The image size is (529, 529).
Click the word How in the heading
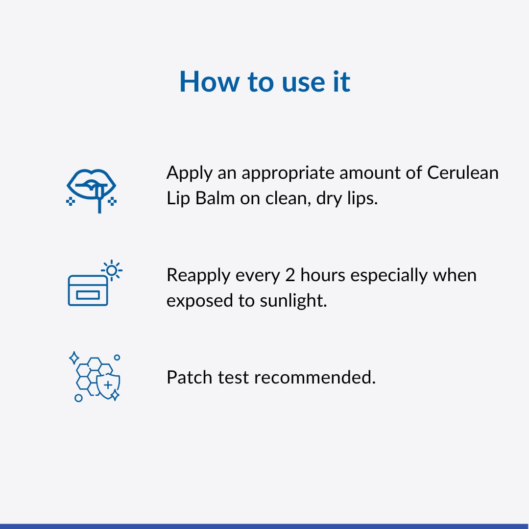[x=209, y=81]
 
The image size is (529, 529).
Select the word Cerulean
[x=462, y=173]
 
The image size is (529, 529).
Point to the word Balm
[x=215, y=198]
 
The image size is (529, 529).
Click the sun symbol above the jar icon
[x=112, y=270]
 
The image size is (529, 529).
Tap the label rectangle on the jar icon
[x=88, y=295]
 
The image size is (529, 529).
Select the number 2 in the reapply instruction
[x=290, y=275]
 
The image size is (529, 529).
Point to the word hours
[x=322, y=275]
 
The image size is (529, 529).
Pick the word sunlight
[x=293, y=301]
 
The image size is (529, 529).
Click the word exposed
[x=200, y=301]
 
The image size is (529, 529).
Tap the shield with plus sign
[x=108, y=385]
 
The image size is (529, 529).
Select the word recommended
[x=315, y=377]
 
